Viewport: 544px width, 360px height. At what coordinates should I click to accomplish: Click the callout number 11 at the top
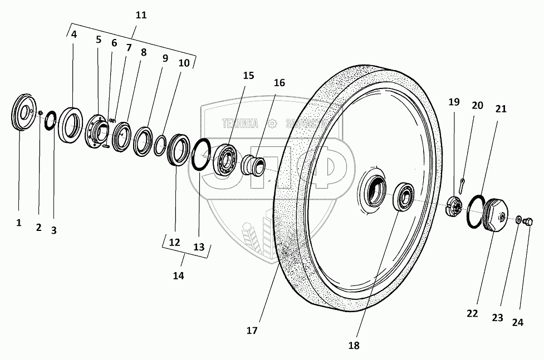click(141, 15)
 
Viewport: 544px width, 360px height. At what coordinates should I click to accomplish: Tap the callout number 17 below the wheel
click(252, 330)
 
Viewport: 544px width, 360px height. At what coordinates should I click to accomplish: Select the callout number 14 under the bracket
click(178, 275)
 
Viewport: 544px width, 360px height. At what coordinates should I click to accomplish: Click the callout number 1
click(18, 223)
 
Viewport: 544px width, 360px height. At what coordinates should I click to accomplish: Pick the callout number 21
click(501, 109)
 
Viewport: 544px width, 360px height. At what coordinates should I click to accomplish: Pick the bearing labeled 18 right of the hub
click(405, 197)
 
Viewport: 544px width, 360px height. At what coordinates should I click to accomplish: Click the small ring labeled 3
click(51, 120)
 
